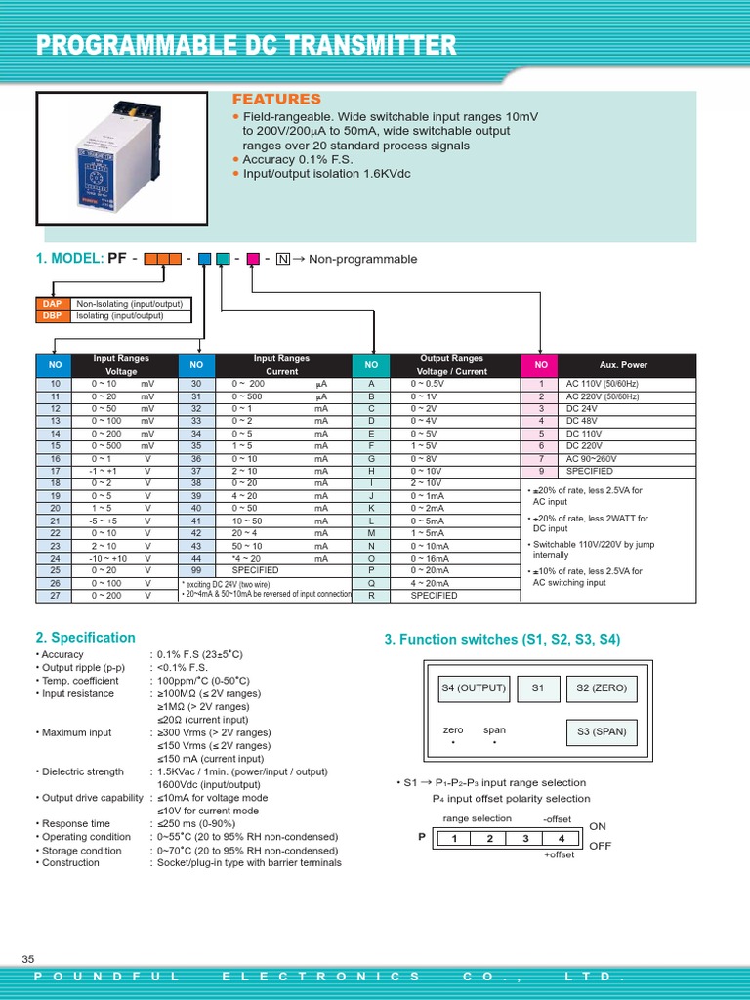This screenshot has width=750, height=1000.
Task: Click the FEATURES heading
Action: tap(275, 100)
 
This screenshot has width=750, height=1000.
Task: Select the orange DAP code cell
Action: tap(52, 305)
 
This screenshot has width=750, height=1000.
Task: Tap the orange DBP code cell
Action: tap(52, 316)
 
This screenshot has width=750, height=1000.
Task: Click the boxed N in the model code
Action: tap(283, 259)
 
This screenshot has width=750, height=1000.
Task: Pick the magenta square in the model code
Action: tap(252, 259)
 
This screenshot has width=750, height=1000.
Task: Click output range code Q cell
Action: tap(371, 582)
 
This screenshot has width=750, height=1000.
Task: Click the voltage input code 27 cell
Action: tap(55, 594)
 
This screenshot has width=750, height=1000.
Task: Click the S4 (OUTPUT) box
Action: tap(474, 688)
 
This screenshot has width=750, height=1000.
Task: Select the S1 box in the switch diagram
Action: tap(537, 688)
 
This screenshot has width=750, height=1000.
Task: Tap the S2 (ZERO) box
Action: tap(601, 688)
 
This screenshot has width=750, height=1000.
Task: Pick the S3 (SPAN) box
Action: tap(601, 731)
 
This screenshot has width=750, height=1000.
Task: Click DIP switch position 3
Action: tap(525, 839)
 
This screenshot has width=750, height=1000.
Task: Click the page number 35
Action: tap(27, 958)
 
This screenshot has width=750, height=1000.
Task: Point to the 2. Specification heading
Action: tap(85, 638)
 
